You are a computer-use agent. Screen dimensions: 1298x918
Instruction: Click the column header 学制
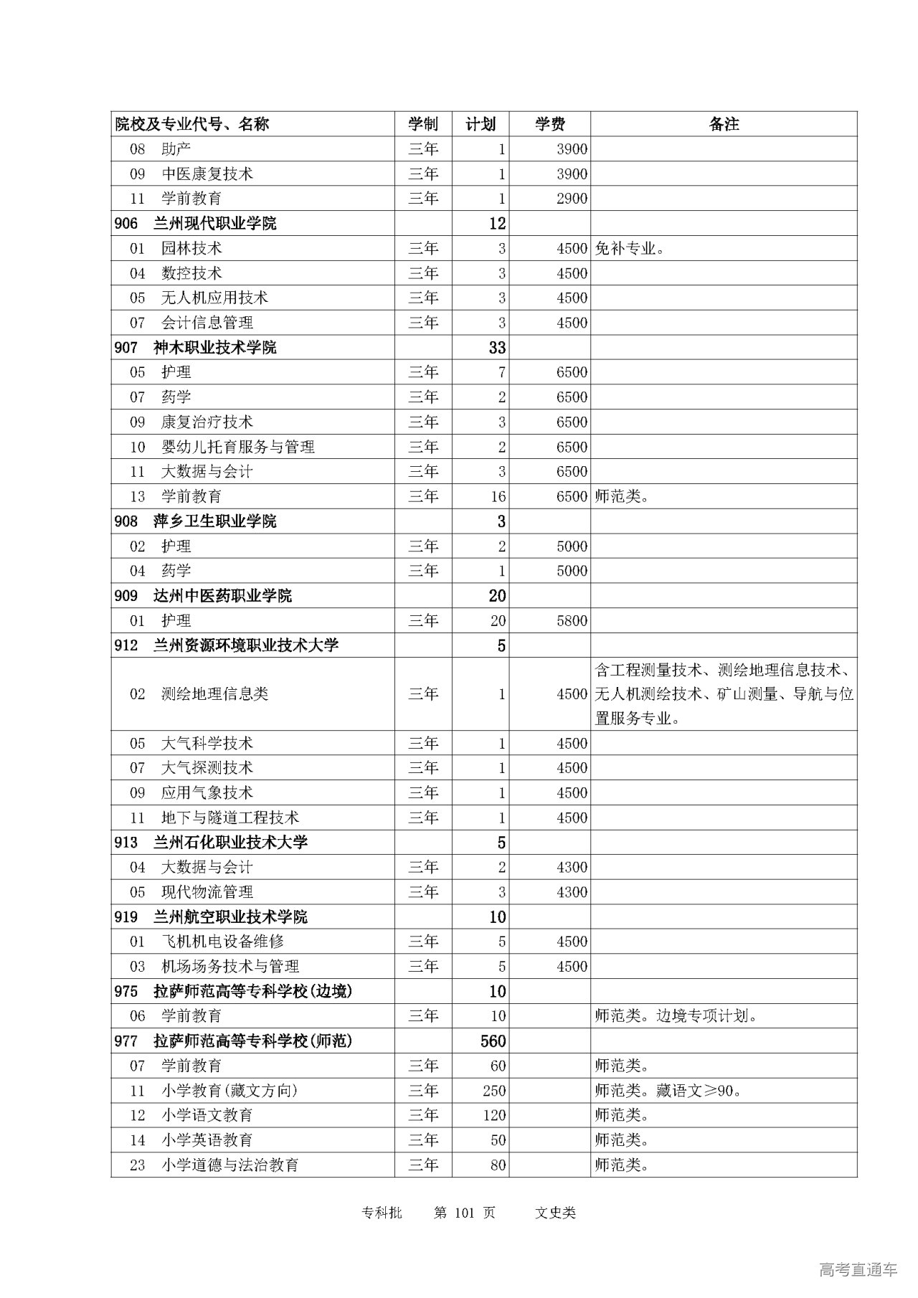[423, 124]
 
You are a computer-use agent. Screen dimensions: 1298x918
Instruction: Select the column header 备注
[724, 124]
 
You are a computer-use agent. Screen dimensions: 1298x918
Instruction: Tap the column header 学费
[550, 124]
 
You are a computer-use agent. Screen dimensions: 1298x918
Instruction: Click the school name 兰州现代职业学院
[214, 224]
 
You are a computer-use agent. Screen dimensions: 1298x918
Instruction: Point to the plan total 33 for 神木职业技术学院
[497, 348]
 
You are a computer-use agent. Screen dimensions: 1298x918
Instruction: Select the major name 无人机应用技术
[214, 298]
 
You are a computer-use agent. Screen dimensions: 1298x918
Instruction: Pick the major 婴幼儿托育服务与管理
[237, 447]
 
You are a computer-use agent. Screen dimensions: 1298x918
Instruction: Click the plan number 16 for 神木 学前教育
[498, 496]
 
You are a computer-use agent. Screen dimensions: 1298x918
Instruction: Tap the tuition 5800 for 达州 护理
[572, 620]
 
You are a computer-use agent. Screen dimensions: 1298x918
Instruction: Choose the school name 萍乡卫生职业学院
[214, 521]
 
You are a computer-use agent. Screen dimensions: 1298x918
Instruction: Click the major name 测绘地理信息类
[214, 694]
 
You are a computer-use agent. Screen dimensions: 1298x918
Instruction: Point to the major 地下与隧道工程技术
[229, 818]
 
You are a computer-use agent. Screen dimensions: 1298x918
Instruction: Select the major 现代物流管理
[207, 892]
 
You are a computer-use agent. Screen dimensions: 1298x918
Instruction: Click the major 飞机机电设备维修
[222, 942]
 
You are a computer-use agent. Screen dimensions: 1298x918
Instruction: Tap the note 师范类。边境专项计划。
[676, 1016]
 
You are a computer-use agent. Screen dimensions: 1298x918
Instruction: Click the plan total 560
[493, 1041]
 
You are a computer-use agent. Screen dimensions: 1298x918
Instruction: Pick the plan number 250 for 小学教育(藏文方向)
[494, 1091]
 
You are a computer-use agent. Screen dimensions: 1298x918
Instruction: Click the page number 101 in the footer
[465, 1213]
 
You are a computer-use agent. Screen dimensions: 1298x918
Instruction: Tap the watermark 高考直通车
[858, 1270]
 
